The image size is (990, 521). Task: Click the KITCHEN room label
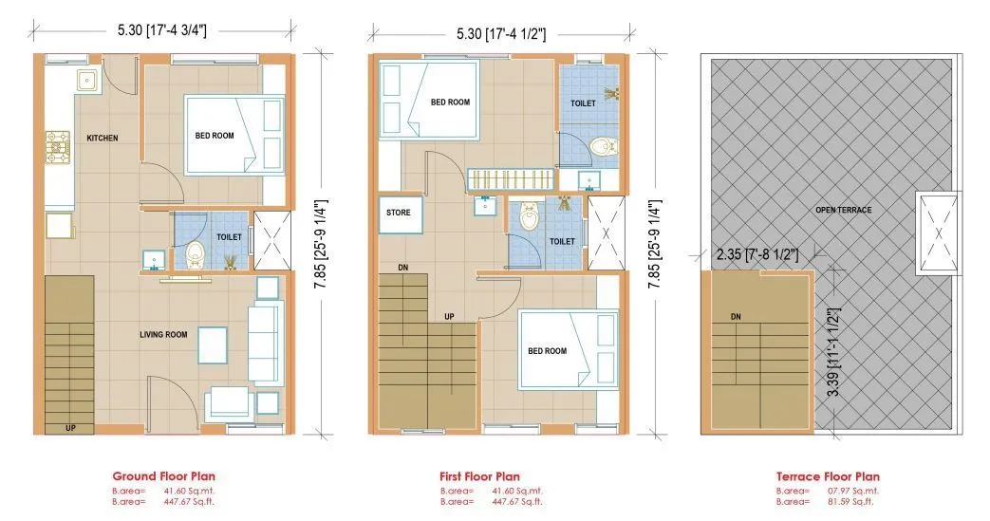pyautogui.click(x=103, y=139)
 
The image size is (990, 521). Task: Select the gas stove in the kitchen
pyautogui.click(x=57, y=147)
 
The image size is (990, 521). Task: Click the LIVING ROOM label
pyautogui.click(x=163, y=334)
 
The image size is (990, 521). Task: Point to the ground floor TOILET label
pyautogui.click(x=229, y=237)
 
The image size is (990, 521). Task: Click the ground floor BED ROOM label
pyautogui.click(x=215, y=136)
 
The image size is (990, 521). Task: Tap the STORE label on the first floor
pyautogui.click(x=399, y=213)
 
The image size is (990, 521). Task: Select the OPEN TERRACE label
pyautogui.click(x=844, y=210)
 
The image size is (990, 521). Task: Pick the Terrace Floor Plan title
pyautogui.click(x=828, y=476)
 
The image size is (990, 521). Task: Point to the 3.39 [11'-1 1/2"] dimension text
pyautogui.click(x=833, y=357)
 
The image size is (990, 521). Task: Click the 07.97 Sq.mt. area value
pyautogui.click(x=853, y=491)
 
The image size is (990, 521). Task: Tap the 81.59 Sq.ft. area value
pyautogui.click(x=853, y=501)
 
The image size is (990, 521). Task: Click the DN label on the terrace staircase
pyautogui.click(x=736, y=317)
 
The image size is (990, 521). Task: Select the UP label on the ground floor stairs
pyautogui.click(x=70, y=428)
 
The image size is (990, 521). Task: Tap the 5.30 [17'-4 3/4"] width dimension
pyautogui.click(x=164, y=29)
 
